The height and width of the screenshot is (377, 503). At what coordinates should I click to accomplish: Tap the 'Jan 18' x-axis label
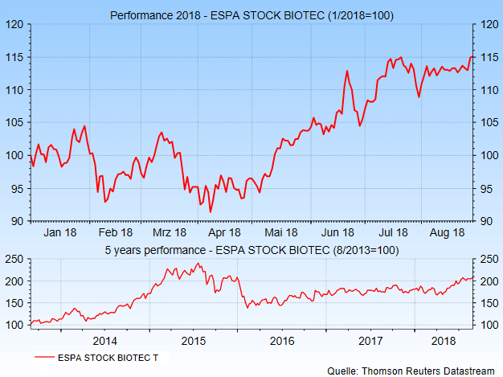(x=60, y=232)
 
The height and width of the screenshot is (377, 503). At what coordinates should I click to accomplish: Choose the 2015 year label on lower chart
(x=194, y=342)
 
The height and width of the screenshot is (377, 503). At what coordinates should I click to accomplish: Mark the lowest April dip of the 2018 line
(x=211, y=212)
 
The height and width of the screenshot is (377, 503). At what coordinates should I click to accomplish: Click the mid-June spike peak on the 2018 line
(x=346, y=72)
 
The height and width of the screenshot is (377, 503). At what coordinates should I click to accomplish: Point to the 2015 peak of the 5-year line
(x=197, y=263)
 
